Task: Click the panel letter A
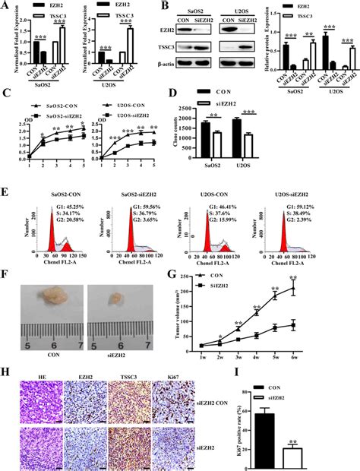[x=6, y=6]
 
